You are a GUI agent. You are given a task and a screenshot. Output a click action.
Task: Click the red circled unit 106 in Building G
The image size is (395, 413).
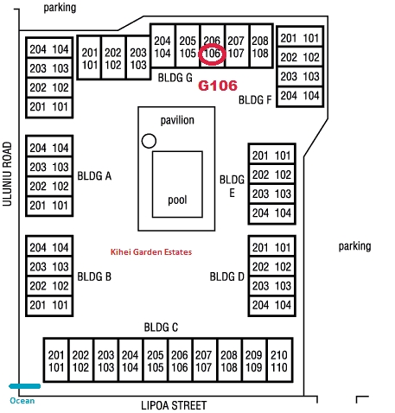[x=212, y=54]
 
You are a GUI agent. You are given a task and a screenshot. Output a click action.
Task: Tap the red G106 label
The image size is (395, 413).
[x=218, y=86]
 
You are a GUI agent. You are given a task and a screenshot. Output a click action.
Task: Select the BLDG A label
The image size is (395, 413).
[x=94, y=175]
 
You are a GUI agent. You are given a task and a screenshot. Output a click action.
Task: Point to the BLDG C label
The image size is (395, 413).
[x=161, y=327]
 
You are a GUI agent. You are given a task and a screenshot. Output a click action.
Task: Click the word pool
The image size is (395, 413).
[x=177, y=200]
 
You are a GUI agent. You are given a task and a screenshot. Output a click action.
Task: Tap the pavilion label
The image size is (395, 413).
[x=177, y=120]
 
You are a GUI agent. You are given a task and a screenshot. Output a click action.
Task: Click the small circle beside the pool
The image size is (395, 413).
[x=149, y=141]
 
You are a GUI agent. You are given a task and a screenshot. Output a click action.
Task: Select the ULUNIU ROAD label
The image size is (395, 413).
[x=7, y=174]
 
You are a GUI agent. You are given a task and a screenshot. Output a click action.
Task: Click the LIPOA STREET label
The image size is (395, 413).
[x=174, y=405]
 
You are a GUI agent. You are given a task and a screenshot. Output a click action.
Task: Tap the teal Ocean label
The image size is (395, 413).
[x=22, y=401]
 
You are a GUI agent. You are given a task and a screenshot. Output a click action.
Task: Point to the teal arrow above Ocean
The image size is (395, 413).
[x=24, y=386]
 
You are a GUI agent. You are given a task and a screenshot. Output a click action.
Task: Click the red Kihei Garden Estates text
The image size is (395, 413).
[x=151, y=252]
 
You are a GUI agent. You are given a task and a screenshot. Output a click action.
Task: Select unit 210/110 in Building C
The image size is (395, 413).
[x=279, y=361]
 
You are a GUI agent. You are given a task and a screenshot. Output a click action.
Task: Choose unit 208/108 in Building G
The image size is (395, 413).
[x=260, y=47]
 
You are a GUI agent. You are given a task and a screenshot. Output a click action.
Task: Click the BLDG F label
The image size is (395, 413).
[x=255, y=100]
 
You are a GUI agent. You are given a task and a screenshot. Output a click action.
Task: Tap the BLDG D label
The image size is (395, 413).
[x=226, y=276]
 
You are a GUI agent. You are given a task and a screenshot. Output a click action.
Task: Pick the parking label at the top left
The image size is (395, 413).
[x=60, y=8]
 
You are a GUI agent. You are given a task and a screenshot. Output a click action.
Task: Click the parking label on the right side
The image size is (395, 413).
[x=354, y=246]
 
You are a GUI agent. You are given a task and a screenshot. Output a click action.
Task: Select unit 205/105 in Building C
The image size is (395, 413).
[x=156, y=361]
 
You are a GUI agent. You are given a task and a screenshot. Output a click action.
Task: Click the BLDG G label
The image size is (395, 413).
[x=175, y=78]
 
